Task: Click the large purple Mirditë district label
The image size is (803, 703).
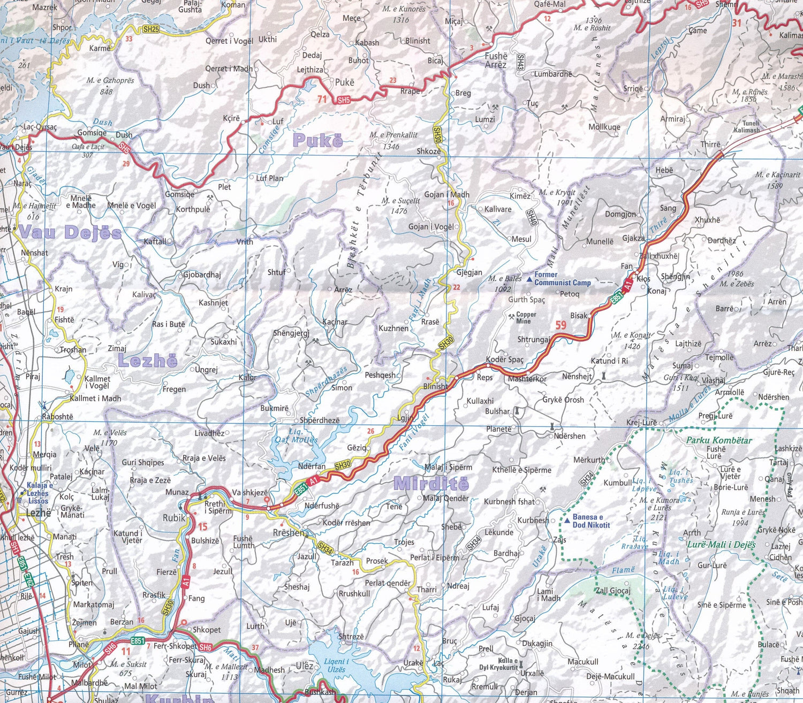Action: click(x=431, y=484)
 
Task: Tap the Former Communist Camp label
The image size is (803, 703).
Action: click(x=562, y=279)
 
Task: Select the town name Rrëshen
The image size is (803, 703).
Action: click(x=290, y=533)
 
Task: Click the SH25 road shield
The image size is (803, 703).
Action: click(x=151, y=29)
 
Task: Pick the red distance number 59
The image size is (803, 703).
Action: click(x=560, y=325)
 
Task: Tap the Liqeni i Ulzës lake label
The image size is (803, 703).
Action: click(x=336, y=666)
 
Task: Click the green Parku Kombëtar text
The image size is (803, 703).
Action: click(x=719, y=440)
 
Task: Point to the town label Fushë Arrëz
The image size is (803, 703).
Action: click(x=496, y=60)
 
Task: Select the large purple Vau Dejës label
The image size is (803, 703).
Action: click(x=71, y=233)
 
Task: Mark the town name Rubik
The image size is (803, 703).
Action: click(x=174, y=518)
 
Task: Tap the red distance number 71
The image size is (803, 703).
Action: click(x=322, y=99)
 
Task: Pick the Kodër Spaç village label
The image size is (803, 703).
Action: click(x=504, y=360)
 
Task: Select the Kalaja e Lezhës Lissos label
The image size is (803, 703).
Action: click(x=38, y=493)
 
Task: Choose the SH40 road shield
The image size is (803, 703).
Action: click(x=531, y=217)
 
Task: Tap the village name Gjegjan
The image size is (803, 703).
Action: click(x=469, y=272)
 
